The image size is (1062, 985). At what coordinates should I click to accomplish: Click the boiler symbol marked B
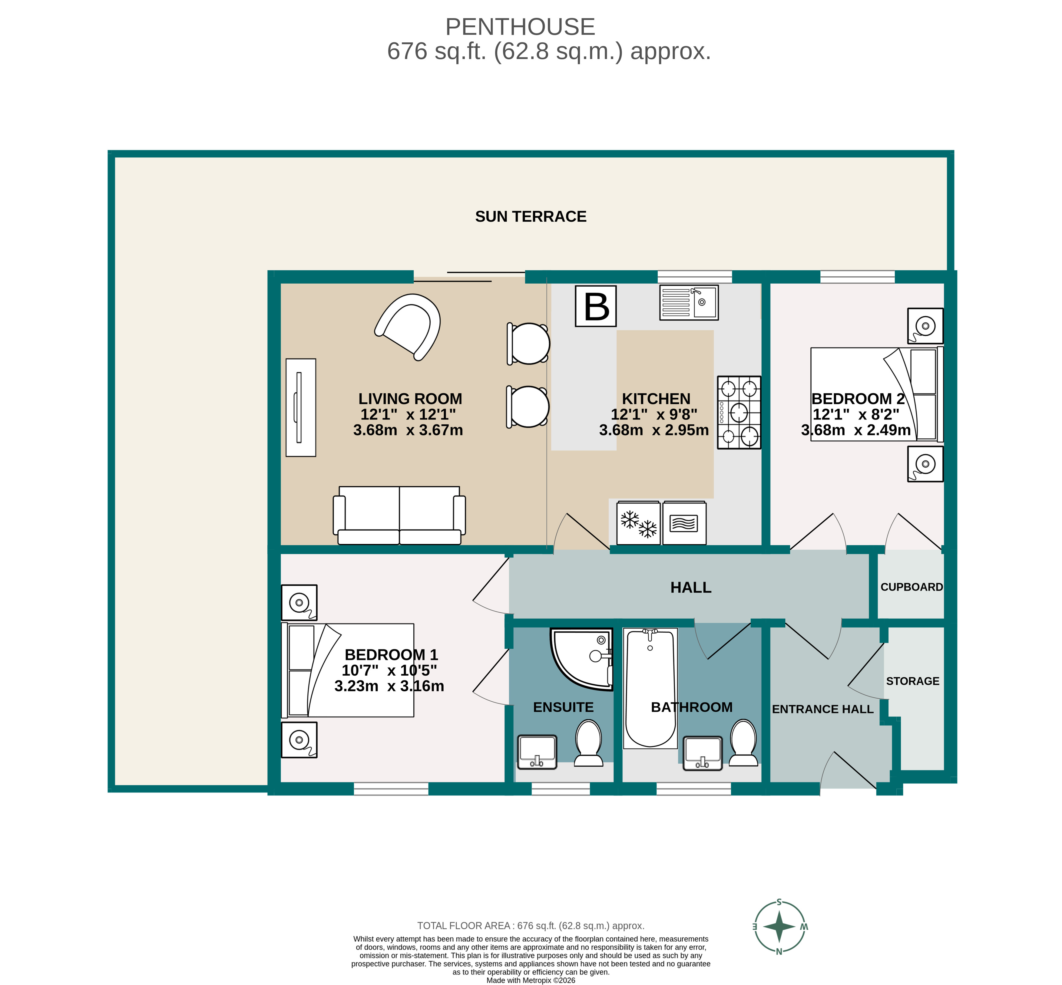[x=596, y=306]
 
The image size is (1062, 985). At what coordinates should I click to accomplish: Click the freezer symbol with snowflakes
[x=638, y=523]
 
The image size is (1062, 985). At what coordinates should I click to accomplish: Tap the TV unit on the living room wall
[x=301, y=407]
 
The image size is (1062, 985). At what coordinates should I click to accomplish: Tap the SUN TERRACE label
[x=531, y=216]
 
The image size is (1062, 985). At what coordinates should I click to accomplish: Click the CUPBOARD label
[x=911, y=587]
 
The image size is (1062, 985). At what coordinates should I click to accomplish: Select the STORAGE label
[x=912, y=681]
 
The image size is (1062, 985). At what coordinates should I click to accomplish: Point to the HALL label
[x=690, y=587]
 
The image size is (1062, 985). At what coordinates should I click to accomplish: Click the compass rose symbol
[x=779, y=926]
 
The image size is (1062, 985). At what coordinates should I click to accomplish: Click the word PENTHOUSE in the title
[x=520, y=27]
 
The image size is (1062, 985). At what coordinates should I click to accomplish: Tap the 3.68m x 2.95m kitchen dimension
[x=653, y=430]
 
